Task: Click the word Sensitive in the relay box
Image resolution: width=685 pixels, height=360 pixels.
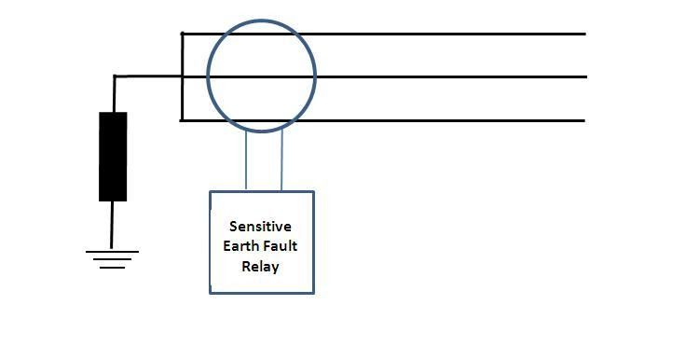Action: click(x=262, y=227)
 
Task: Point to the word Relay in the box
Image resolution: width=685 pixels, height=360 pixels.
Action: click(x=261, y=266)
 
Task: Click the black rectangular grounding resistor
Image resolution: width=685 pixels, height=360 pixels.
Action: click(x=113, y=156)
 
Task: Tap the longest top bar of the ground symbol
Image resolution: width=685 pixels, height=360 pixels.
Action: click(x=113, y=251)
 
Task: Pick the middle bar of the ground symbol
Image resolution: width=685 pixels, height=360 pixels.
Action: click(x=113, y=259)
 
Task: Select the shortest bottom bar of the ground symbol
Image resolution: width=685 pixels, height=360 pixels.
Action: click(x=113, y=268)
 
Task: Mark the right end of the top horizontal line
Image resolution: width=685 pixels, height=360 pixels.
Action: click(x=583, y=34)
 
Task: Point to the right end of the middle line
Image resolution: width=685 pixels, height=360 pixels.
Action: click(x=583, y=76)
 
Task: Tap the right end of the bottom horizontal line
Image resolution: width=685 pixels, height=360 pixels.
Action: click(x=583, y=120)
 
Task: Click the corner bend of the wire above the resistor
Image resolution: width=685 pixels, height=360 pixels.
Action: click(x=115, y=76)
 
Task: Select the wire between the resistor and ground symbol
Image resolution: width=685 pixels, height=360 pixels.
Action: click(x=113, y=225)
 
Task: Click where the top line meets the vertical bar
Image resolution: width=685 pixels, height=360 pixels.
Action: click(x=182, y=34)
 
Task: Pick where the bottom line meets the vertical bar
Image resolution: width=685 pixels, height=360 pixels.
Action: click(x=182, y=120)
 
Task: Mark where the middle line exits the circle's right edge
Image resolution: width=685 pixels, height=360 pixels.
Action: click(x=315, y=76)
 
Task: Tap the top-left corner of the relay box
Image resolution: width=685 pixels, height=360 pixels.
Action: click(x=211, y=192)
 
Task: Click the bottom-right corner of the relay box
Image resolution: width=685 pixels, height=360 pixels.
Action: click(x=314, y=293)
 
